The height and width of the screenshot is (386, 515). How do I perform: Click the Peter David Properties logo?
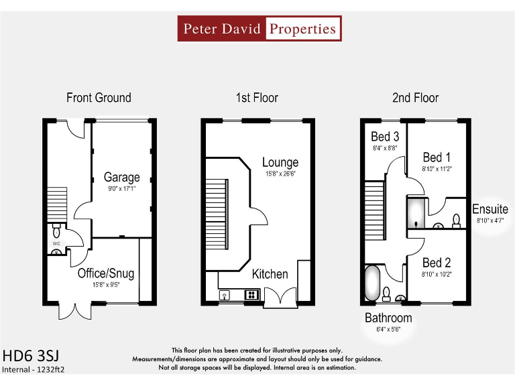260,29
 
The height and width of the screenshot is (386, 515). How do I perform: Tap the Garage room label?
121,178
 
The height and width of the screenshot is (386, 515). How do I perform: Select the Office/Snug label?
106,273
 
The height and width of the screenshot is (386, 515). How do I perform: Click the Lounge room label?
280,162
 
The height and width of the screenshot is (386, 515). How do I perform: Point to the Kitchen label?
270,274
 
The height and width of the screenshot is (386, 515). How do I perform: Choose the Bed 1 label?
437,157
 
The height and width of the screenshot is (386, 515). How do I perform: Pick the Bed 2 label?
437,263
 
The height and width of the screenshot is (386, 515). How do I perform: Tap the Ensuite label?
490,209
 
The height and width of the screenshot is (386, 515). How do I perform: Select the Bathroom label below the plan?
388,318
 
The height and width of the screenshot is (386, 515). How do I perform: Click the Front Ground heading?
99,98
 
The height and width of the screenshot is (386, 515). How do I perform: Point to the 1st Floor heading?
257,98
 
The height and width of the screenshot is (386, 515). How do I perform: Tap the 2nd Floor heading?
415,98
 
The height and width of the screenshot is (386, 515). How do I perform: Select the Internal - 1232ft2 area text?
34,369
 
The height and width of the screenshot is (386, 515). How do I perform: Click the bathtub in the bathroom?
371,283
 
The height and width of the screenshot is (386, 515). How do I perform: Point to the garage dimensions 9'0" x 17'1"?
122,190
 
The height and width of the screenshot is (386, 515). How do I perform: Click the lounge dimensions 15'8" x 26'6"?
280,174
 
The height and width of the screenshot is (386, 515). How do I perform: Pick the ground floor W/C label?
57,243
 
